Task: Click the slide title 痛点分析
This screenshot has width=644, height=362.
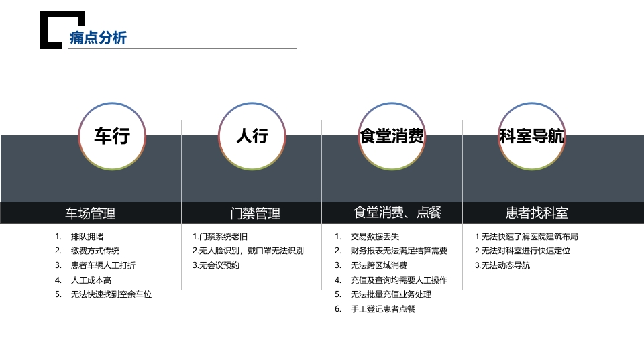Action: point(98,38)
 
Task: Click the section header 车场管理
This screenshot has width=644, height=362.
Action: point(91,213)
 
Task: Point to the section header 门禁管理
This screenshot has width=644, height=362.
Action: point(256,213)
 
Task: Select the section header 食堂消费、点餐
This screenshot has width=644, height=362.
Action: point(398,213)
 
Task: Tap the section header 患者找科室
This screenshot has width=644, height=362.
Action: point(537,213)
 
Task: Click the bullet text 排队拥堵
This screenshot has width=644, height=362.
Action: point(87,237)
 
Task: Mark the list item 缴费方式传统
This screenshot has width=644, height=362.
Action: point(95,251)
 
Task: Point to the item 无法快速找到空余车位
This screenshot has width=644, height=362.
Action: point(111,294)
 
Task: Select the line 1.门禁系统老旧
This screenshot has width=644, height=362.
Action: point(220,237)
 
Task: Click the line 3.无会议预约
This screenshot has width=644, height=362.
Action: point(216,265)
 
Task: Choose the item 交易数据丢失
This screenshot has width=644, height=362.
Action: point(375,237)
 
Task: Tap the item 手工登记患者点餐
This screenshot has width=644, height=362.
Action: point(383,309)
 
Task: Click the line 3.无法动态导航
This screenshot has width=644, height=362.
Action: point(502,265)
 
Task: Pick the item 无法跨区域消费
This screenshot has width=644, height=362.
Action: point(378,265)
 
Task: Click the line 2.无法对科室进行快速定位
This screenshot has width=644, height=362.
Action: point(523,251)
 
